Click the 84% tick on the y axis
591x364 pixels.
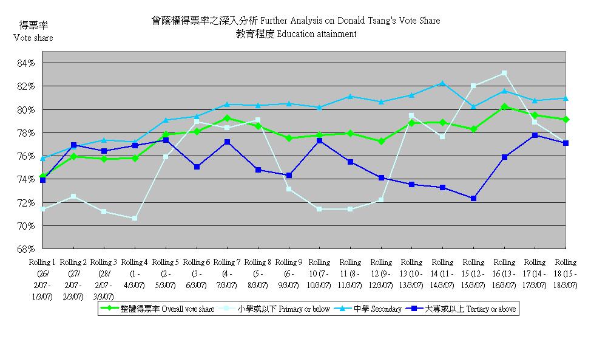point(27,63)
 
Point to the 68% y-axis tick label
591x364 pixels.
point(27,249)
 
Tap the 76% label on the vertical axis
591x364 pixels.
point(27,156)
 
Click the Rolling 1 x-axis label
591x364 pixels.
point(42,279)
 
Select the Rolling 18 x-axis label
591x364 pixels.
point(566,275)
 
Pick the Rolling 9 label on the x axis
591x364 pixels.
point(288,275)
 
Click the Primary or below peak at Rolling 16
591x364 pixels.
point(504,74)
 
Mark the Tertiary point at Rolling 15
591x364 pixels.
point(473,198)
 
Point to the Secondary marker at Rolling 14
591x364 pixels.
point(442,83)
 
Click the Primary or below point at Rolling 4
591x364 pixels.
point(135,218)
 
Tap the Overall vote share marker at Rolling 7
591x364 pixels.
point(227,118)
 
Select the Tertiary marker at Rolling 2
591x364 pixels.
point(73,145)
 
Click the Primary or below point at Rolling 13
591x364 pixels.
point(411,115)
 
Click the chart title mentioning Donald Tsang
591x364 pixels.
point(295,21)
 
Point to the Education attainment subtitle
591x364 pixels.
point(295,34)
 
